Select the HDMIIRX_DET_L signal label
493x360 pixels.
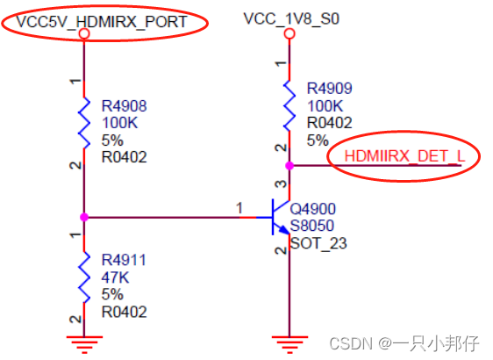(x=403, y=156)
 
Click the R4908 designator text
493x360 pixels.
(x=125, y=105)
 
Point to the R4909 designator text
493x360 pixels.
(x=330, y=89)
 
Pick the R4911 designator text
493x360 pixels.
(x=125, y=260)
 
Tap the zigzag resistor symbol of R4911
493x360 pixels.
(x=84, y=276)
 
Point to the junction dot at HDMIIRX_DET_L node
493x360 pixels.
(x=289, y=164)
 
